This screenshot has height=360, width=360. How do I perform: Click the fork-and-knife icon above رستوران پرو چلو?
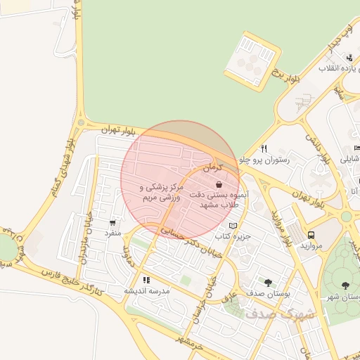(x=264, y=148)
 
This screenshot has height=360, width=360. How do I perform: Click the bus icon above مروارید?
(x=311, y=236)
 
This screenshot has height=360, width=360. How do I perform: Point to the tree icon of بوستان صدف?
(x=268, y=282)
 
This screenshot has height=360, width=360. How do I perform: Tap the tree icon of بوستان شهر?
(x=345, y=285)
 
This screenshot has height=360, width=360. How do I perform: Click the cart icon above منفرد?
(x=113, y=222)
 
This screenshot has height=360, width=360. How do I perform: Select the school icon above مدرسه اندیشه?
(x=146, y=281)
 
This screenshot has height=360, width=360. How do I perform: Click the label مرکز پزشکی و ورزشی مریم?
(x=162, y=193)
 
